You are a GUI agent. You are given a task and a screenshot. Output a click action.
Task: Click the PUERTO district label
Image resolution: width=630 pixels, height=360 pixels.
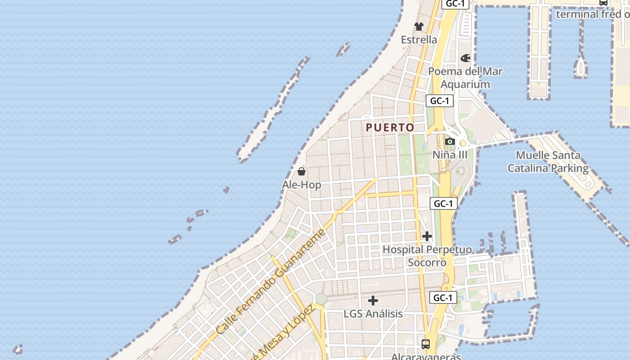click(x=390, y=127)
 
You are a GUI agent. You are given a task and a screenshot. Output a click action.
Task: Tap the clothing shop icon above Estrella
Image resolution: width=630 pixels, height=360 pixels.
click(x=419, y=27)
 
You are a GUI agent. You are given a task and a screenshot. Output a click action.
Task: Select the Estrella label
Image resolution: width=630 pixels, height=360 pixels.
click(x=419, y=40)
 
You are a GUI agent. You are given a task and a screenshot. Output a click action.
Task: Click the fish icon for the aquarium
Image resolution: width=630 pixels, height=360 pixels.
click(x=465, y=58)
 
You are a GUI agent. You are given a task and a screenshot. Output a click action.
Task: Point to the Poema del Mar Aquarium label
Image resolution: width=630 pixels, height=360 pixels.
click(x=465, y=77)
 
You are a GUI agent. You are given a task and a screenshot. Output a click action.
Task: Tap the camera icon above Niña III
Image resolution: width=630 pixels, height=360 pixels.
click(x=450, y=142)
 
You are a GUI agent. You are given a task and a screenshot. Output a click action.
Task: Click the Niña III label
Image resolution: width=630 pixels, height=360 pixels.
click(x=450, y=155)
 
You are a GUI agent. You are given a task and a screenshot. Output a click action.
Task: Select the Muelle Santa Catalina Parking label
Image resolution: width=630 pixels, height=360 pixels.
click(x=548, y=162)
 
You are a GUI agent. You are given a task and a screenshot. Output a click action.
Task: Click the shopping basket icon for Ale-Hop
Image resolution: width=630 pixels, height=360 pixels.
click(x=301, y=171)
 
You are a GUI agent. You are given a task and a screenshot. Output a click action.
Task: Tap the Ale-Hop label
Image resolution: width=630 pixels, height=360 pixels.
click(x=301, y=184)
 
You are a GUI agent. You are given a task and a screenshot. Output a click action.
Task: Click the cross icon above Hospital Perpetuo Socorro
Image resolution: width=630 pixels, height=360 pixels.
click(x=427, y=236)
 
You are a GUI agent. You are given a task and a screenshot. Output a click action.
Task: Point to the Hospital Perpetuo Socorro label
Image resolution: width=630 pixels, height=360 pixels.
click(x=427, y=256)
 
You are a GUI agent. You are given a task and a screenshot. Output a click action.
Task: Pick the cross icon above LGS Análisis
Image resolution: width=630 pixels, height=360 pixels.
click(x=373, y=301)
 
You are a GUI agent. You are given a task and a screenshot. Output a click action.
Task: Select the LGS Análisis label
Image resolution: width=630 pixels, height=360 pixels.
click(x=373, y=314)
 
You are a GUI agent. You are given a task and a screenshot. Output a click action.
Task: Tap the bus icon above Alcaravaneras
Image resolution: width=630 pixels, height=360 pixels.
click(x=426, y=344)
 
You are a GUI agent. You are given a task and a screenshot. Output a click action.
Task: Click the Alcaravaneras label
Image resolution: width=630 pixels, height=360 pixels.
click(x=426, y=356)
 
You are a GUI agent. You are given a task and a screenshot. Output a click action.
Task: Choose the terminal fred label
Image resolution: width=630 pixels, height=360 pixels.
click(x=592, y=14)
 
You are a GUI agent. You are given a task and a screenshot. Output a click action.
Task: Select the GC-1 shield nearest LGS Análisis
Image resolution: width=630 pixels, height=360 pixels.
click(x=443, y=297)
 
